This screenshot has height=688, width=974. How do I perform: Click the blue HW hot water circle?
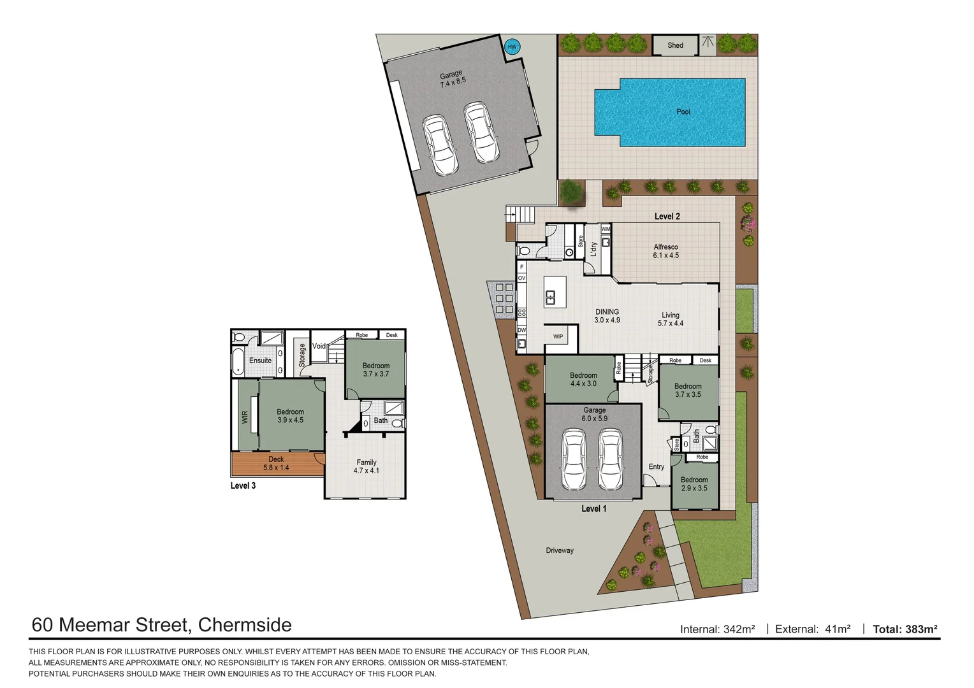(x=512, y=47)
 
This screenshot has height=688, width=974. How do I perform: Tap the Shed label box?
(x=675, y=45)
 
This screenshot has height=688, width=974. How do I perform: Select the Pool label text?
(x=683, y=111)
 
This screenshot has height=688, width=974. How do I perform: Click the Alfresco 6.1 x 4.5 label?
(x=665, y=251)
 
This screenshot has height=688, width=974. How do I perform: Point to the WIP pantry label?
(x=558, y=336)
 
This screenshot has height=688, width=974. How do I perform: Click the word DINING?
(x=607, y=312)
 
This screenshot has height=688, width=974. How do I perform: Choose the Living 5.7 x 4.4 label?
(x=670, y=319)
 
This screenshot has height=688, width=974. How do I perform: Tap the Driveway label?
(x=560, y=550)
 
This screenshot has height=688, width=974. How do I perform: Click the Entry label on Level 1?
(x=656, y=466)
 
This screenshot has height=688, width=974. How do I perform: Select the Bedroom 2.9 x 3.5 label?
(x=694, y=484)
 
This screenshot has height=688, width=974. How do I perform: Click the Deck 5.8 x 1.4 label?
(x=276, y=463)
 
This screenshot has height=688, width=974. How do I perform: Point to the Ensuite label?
(x=260, y=361)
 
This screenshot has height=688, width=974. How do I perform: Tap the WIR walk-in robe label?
(x=245, y=417)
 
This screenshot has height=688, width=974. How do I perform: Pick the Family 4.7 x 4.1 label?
(x=366, y=466)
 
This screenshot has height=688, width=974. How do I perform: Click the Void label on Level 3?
(x=319, y=346)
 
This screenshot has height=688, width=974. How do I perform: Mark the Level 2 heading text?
(x=667, y=217)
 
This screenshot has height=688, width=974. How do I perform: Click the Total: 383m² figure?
(x=905, y=629)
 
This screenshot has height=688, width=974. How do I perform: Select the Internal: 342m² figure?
(x=717, y=629)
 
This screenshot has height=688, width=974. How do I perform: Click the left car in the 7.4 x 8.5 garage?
(x=440, y=145)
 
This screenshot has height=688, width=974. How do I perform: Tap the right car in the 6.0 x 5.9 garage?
(x=610, y=459)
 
